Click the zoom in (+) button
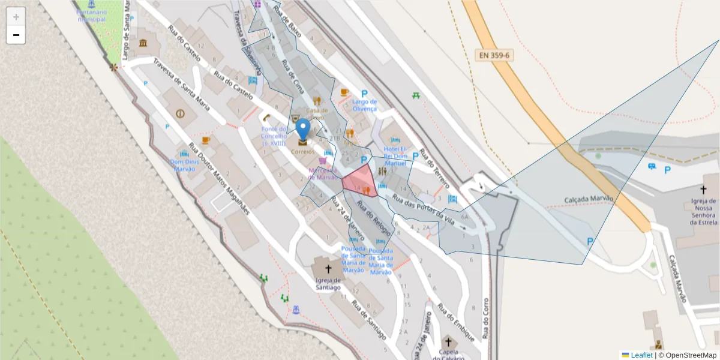[x=16, y=17]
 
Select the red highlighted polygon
[x=360, y=180]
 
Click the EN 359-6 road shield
[x=494, y=55]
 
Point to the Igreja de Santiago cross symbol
[x=328, y=269]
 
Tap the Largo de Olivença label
[x=364, y=105]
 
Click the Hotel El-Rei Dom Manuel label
[x=395, y=156]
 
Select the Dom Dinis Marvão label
[x=184, y=165]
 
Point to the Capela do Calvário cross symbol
[x=448, y=341]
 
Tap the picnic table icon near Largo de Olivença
[x=416, y=95]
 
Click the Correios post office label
[x=302, y=152]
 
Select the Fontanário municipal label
[x=91, y=16]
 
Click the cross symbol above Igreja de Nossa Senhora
[x=703, y=189]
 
